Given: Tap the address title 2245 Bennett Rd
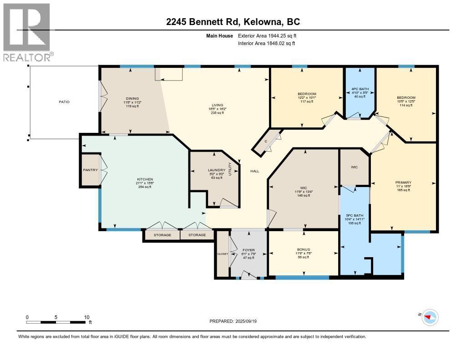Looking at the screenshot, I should coord(233,22).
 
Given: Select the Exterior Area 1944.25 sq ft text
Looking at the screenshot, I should coord(267,35).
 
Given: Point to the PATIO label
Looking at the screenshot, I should coord(64,101).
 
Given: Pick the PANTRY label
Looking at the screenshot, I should coord(90,170).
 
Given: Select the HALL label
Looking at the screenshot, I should coord(254,171).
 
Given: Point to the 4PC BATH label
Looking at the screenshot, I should coord(359,88).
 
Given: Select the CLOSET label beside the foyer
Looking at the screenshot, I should coord(222,254).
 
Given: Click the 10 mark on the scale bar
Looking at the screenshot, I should coord(86,317).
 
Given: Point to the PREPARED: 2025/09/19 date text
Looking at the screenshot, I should coord(236,321).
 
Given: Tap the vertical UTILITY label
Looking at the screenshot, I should coord(230,169).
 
